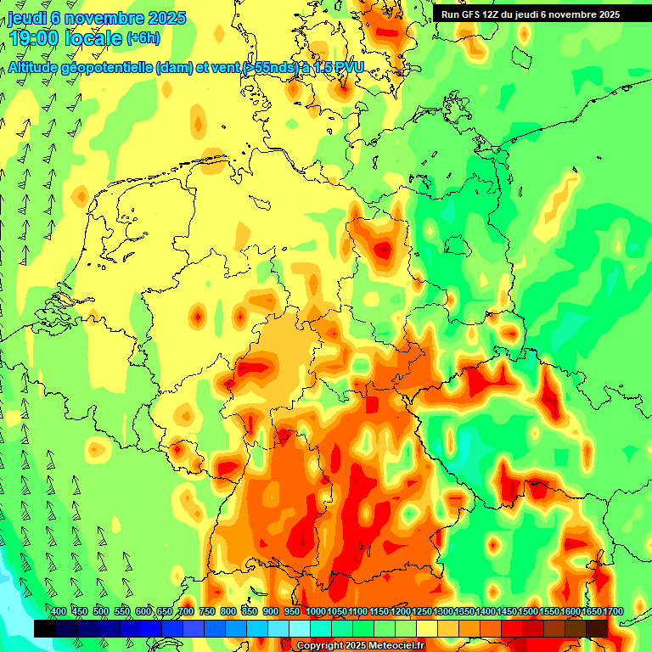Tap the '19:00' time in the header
[x=34, y=38]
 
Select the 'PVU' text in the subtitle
[x=346, y=68]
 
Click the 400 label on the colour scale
[x=59, y=612]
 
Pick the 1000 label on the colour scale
[x=316, y=612]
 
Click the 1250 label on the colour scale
[x=422, y=612]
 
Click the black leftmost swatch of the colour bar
[x=45, y=628]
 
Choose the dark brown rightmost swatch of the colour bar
[x=597, y=628]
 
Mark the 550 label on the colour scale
[x=122, y=612]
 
